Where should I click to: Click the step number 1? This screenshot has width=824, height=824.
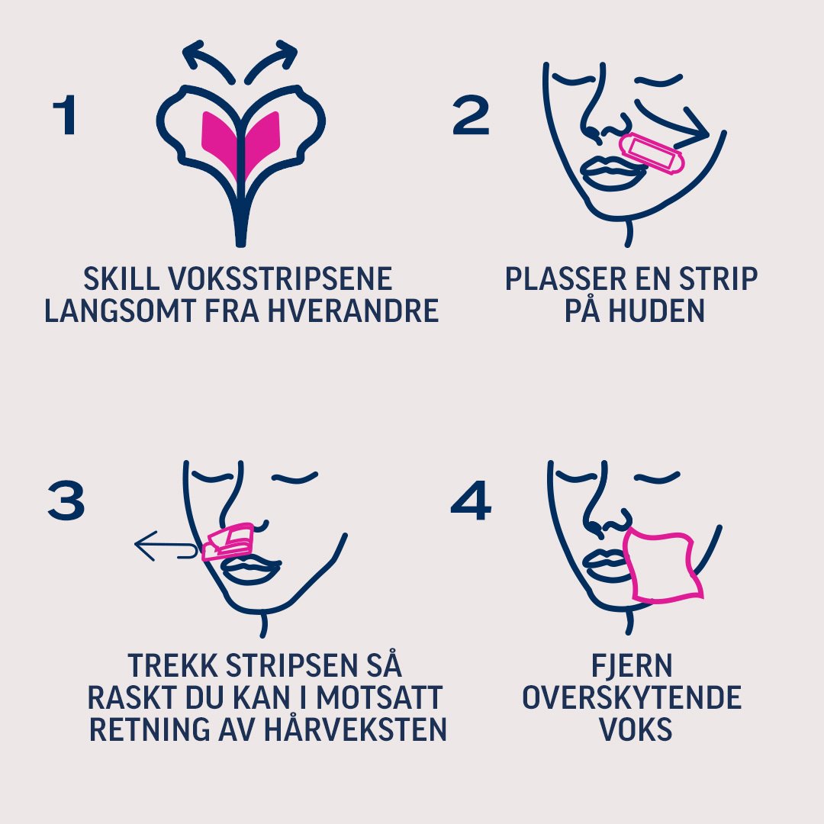pyautogui.click(x=66, y=117)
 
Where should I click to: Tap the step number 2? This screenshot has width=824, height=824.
pyautogui.click(x=471, y=117)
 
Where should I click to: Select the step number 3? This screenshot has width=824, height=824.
pyautogui.click(x=66, y=502)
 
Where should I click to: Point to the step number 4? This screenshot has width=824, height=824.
pyautogui.click(x=471, y=502)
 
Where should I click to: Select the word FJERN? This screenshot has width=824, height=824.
pyautogui.click(x=632, y=665)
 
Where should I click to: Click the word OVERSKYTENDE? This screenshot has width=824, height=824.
pyautogui.click(x=632, y=697)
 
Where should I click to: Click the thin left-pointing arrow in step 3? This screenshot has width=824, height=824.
pyautogui.click(x=164, y=546)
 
